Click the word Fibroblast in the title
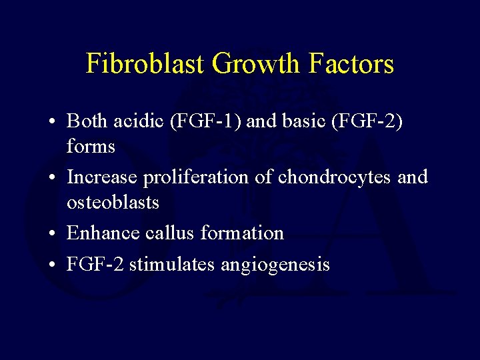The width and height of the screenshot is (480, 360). coord(146,64)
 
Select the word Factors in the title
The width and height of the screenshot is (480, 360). coord(352,64)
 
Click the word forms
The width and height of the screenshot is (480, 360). coord(91,146)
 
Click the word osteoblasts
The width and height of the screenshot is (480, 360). coord(113,202)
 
